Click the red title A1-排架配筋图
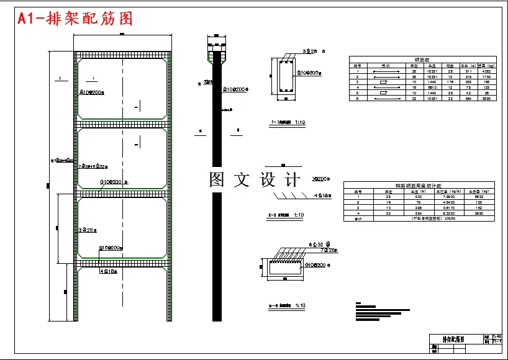(75, 19)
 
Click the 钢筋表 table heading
(422, 59)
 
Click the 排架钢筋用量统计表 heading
(422, 186)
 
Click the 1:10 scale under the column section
(299, 122)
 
